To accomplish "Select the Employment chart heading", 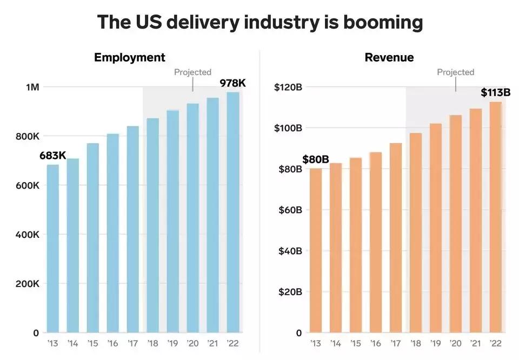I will point(130,57).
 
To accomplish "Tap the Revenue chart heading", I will point(389,57).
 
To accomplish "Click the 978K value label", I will point(232,83).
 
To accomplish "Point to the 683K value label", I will point(52,156).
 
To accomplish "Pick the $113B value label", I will point(496,92).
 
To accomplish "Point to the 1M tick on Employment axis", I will point(32,87).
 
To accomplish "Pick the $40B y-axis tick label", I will point(290,251).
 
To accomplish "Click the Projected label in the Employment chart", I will point(192,72).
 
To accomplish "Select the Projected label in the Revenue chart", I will point(456,72).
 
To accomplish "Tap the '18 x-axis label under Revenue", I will point(416,343).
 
